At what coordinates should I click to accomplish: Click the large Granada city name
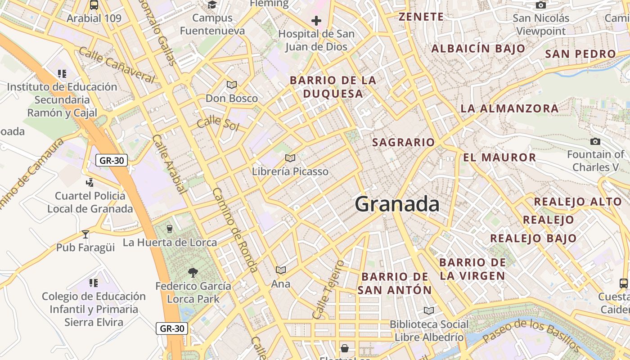pos(397,204)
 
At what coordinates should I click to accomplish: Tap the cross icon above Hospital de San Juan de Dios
pos(316,20)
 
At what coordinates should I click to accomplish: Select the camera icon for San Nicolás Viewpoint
pos(541,5)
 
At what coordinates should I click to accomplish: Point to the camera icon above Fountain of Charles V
pos(595,142)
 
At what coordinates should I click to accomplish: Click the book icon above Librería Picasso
pos(290,158)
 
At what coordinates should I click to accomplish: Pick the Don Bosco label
pos(232,98)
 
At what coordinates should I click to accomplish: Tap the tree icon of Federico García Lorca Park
pos(193,272)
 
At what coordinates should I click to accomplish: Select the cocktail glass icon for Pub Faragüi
pos(85,234)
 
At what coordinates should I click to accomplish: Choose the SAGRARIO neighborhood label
pos(404,143)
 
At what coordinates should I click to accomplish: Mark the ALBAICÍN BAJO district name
pos(478,49)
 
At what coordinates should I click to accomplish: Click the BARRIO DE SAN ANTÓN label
pos(395,283)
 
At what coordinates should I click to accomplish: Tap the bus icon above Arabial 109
pos(94,5)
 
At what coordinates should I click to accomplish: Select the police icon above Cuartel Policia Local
pos(90,182)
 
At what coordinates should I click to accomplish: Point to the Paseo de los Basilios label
pos(531,336)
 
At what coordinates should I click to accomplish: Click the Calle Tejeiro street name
pos(328,289)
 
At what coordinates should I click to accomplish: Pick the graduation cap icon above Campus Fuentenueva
pos(212,4)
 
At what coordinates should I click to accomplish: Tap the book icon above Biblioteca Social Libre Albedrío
pos(429,310)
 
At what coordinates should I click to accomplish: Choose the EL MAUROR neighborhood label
pos(499,157)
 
